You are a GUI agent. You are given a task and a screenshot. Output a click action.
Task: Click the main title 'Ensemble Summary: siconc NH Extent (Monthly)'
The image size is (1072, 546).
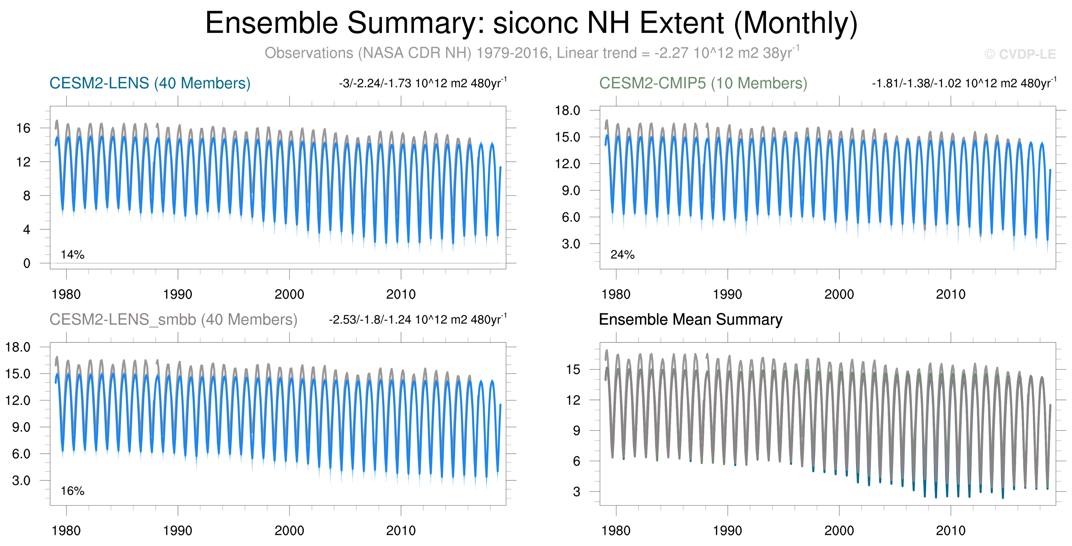(x=531, y=23)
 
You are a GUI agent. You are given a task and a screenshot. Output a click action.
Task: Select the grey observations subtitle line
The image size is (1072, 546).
(x=532, y=53)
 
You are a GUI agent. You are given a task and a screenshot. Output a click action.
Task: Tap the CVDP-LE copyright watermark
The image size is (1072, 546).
(x=1020, y=54)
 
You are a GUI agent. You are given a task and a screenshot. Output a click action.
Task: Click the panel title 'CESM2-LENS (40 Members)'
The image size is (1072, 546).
(x=150, y=83)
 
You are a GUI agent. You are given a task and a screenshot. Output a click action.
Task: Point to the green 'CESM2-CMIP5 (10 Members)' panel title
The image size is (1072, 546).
(x=703, y=83)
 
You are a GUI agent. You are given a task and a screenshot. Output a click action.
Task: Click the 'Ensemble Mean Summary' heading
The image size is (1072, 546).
(x=690, y=319)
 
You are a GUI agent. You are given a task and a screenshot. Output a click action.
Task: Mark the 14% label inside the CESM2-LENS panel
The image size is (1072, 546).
(x=72, y=254)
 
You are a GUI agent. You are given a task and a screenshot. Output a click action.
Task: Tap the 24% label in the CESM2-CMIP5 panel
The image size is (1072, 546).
(x=622, y=254)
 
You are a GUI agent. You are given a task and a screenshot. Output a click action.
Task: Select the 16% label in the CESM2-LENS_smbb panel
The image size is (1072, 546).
(x=72, y=491)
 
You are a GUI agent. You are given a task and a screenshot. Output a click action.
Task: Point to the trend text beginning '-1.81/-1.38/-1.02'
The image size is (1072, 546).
(x=964, y=83)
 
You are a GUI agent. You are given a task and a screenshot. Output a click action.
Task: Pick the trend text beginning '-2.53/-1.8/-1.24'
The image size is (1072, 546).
(x=417, y=319)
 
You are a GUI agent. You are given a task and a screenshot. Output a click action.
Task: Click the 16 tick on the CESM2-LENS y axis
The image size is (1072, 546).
(x=23, y=128)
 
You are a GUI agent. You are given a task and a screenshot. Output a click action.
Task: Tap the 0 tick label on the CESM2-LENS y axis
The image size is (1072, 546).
(x=27, y=263)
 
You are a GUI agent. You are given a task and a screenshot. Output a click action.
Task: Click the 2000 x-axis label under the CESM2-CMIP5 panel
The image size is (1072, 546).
(x=839, y=295)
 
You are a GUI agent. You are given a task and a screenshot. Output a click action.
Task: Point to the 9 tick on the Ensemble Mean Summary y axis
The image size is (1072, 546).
(x=576, y=431)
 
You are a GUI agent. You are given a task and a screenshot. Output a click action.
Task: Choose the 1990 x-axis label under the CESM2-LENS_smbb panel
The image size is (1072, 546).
(x=178, y=531)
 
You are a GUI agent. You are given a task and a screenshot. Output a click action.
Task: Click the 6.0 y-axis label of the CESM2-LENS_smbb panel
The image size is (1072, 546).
(x=21, y=454)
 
